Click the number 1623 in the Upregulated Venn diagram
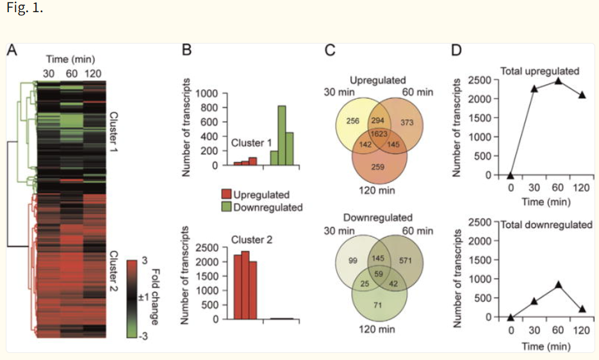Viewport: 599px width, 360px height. [x=377, y=135]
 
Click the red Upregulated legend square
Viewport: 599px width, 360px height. [x=226, y=195]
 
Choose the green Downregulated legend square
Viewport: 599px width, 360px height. [x=226, y=207]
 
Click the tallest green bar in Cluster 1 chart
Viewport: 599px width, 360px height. [x=281, y=135]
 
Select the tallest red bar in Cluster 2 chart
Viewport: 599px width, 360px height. [x=245, y=285]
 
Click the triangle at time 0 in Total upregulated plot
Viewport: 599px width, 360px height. [x=511, y=175]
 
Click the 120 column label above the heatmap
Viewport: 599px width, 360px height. [x=94, y=72]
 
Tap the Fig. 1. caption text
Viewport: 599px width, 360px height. [x=25, y=10]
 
